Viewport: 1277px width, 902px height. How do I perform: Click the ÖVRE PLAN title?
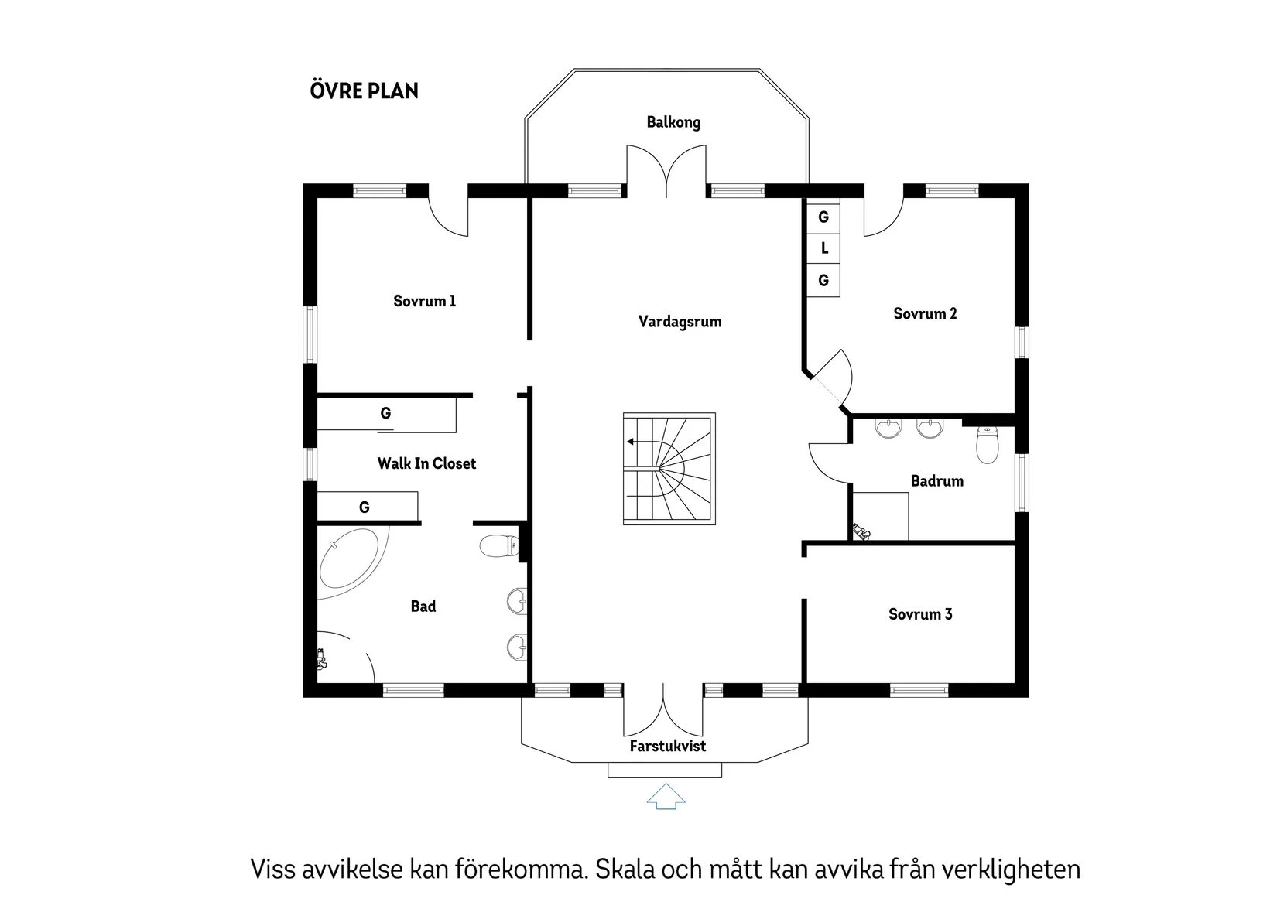point(364,91)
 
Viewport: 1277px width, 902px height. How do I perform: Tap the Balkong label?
point(673,122)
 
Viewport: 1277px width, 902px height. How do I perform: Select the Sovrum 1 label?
point(424,301)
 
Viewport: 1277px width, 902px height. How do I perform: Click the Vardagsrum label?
point(680,321)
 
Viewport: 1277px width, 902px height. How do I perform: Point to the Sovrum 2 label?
point(925,313)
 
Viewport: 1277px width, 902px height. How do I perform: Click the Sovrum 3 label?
point(920,614)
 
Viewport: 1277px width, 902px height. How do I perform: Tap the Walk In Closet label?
point(426,463)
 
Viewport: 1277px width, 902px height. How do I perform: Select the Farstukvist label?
point(667,746)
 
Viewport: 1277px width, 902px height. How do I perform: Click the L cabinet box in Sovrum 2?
point(823,248)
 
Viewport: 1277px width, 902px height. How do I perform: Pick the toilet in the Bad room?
point(499,547)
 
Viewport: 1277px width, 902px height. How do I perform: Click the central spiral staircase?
point(669,469)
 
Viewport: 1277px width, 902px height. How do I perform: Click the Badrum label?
point(936,481)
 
